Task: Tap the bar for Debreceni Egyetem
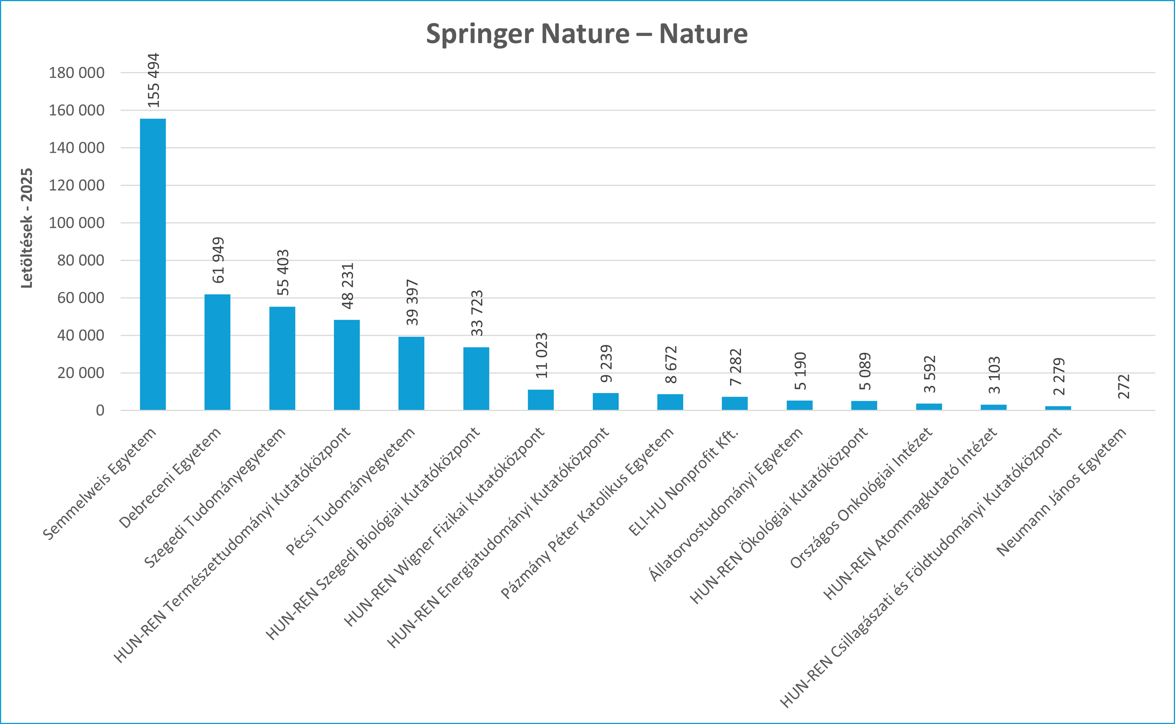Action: coord(217,352)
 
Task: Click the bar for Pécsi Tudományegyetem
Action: coord(411,373)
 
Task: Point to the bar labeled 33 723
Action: coord(476,378)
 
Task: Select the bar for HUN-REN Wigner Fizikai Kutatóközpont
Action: coord(541,400)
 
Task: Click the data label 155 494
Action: coord(153,80)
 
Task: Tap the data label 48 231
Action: coord(347,286)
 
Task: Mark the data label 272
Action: coord(1124,387)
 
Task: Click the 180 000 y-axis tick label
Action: coord(77,73)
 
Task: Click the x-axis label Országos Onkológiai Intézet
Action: coord(861,498)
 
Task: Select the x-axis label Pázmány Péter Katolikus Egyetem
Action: coord(588,513)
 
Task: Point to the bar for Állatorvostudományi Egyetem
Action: coord(799,405)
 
